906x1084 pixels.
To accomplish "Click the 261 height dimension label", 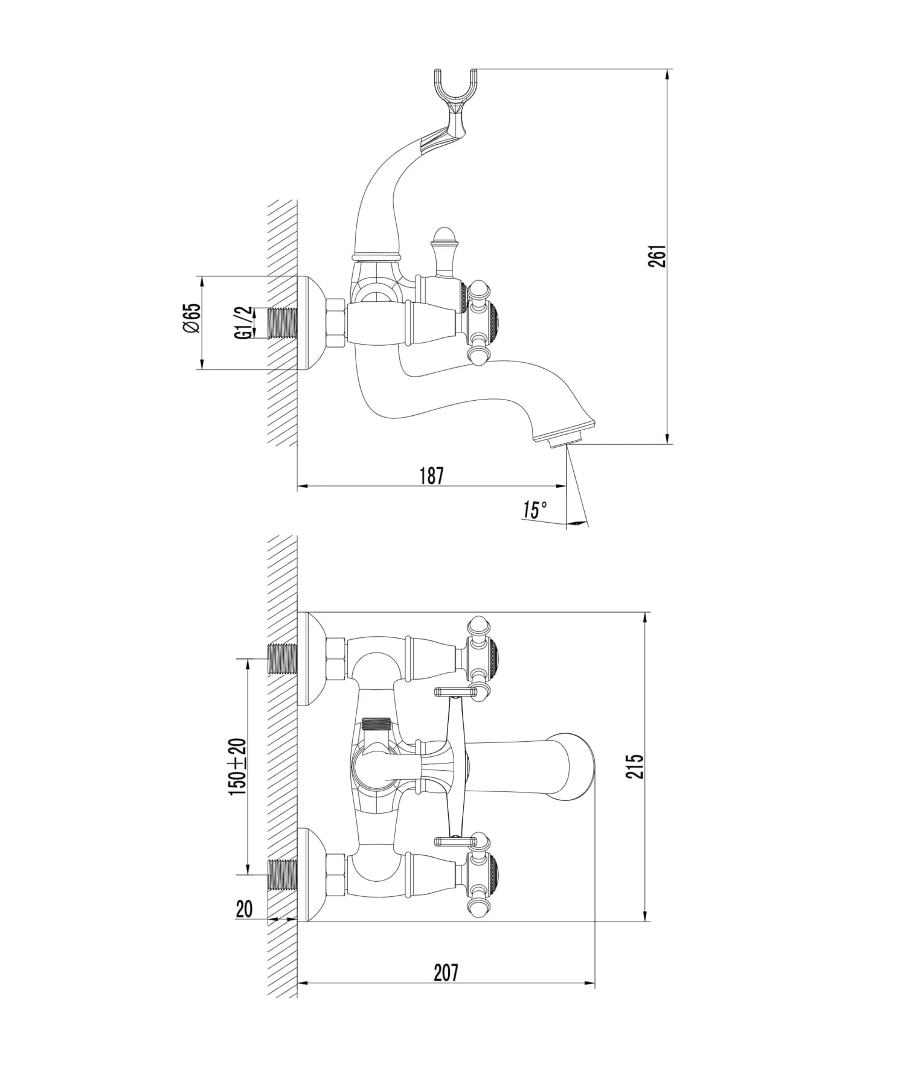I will pyautogui.click(x=659, y=257).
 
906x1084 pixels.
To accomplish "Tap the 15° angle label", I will pyautogui.click(x=535, y=510).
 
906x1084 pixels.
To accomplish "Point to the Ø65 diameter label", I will pyautogui.click(x=191, y=318).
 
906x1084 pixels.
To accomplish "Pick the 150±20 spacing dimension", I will pyautogui.click(x=237, y=767).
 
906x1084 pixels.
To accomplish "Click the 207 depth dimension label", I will pyautogui.click(x=446, y=972).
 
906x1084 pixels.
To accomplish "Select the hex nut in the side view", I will pyautogui.click(x=336, y=322).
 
